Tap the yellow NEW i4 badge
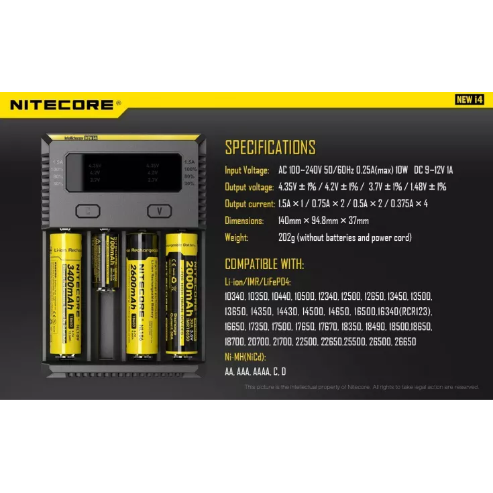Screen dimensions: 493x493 470,100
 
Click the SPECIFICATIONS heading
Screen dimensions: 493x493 270,148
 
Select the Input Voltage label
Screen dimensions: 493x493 247,170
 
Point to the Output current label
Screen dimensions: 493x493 250,204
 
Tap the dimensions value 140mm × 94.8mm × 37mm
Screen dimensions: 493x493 323,221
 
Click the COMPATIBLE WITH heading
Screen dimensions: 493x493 264,264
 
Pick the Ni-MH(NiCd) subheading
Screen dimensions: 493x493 245,356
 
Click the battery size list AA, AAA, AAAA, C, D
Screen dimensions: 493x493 256,372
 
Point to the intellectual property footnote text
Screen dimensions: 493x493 362,387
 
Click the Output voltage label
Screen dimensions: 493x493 249,187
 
